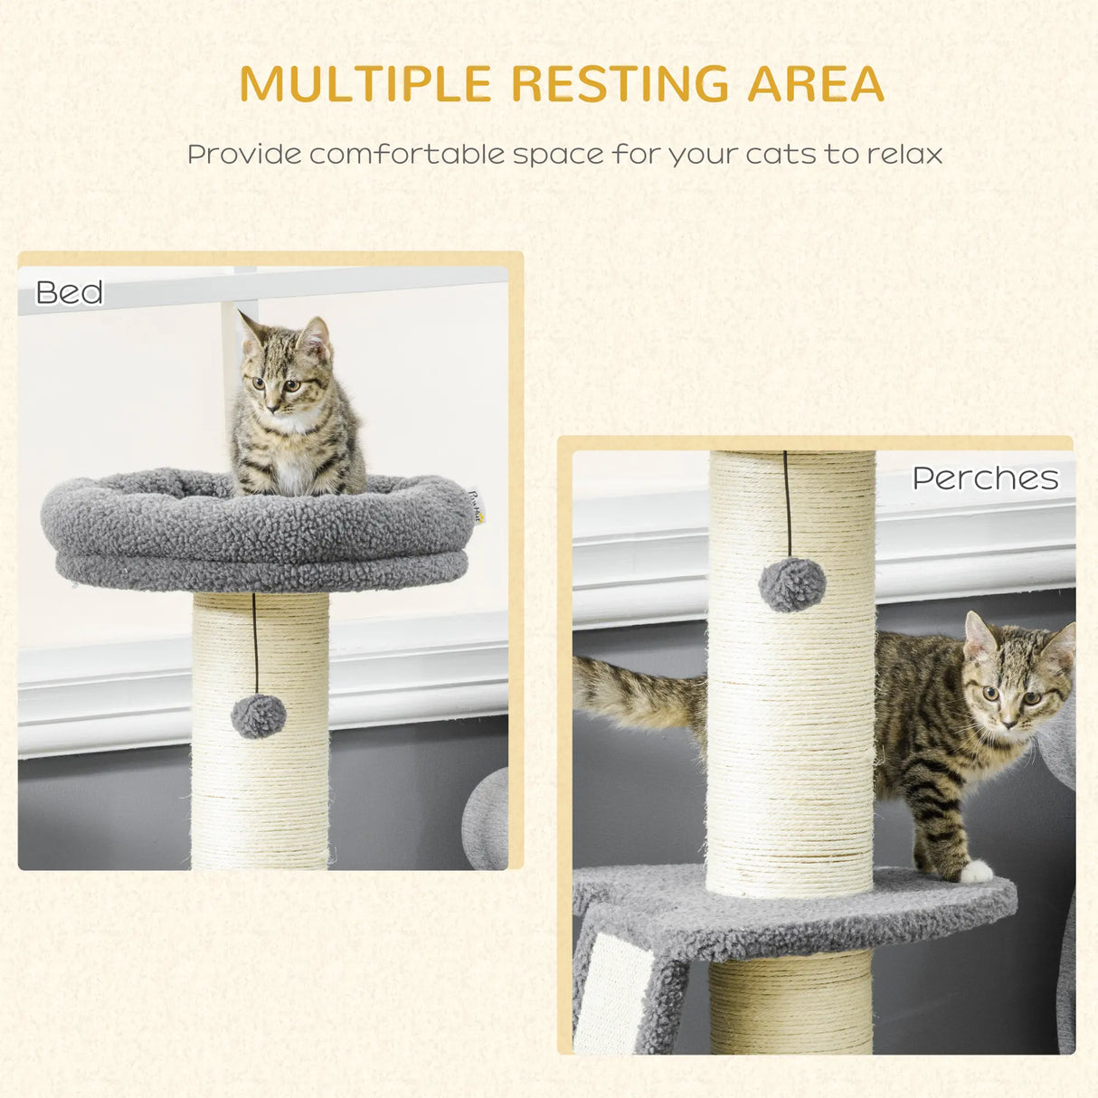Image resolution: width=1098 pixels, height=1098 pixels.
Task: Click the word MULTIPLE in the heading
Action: click(x=365, y=84)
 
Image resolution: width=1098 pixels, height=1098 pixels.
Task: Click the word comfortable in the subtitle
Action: click(x=406, y=155)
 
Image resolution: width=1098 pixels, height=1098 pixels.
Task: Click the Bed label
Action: click(x=70, y=293)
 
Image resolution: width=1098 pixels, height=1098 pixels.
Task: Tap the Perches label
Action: click(x=985, y=478)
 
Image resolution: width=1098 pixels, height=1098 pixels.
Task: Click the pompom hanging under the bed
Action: click(x=259, y=716)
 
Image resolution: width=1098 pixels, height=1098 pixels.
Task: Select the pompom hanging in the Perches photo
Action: click(x=792, y=584)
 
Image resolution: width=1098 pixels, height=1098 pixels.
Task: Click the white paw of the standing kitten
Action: click(x=975, y=872)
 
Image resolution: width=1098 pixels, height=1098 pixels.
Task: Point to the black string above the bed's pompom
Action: click(x=255, y=642)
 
